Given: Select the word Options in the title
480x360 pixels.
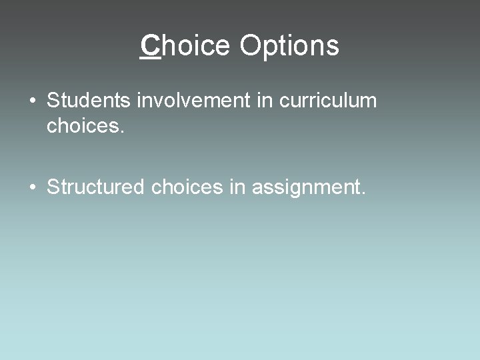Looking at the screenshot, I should click(289, 46).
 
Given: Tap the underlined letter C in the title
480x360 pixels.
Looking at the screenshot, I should click(151, 46).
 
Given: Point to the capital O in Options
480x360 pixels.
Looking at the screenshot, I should click(250, 46).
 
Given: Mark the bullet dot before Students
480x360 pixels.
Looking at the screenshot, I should click(32, 102).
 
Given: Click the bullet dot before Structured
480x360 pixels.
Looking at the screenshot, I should click(32, 187).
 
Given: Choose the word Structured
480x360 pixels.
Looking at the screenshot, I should click(95, 187).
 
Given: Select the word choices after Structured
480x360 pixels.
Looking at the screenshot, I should click(187, 187).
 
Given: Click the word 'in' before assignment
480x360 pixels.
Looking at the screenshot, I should click(237, 187).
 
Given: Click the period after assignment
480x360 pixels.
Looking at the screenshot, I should click(363, 194).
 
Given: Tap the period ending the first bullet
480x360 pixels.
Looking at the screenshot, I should click(122, 131).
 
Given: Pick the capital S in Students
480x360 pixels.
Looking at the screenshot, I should click(53, 101).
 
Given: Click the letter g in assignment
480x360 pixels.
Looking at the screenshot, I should click(295, 190).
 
